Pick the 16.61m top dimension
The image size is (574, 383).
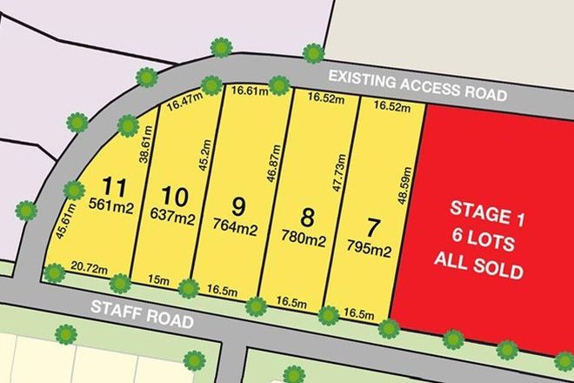[x=247, y=91]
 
